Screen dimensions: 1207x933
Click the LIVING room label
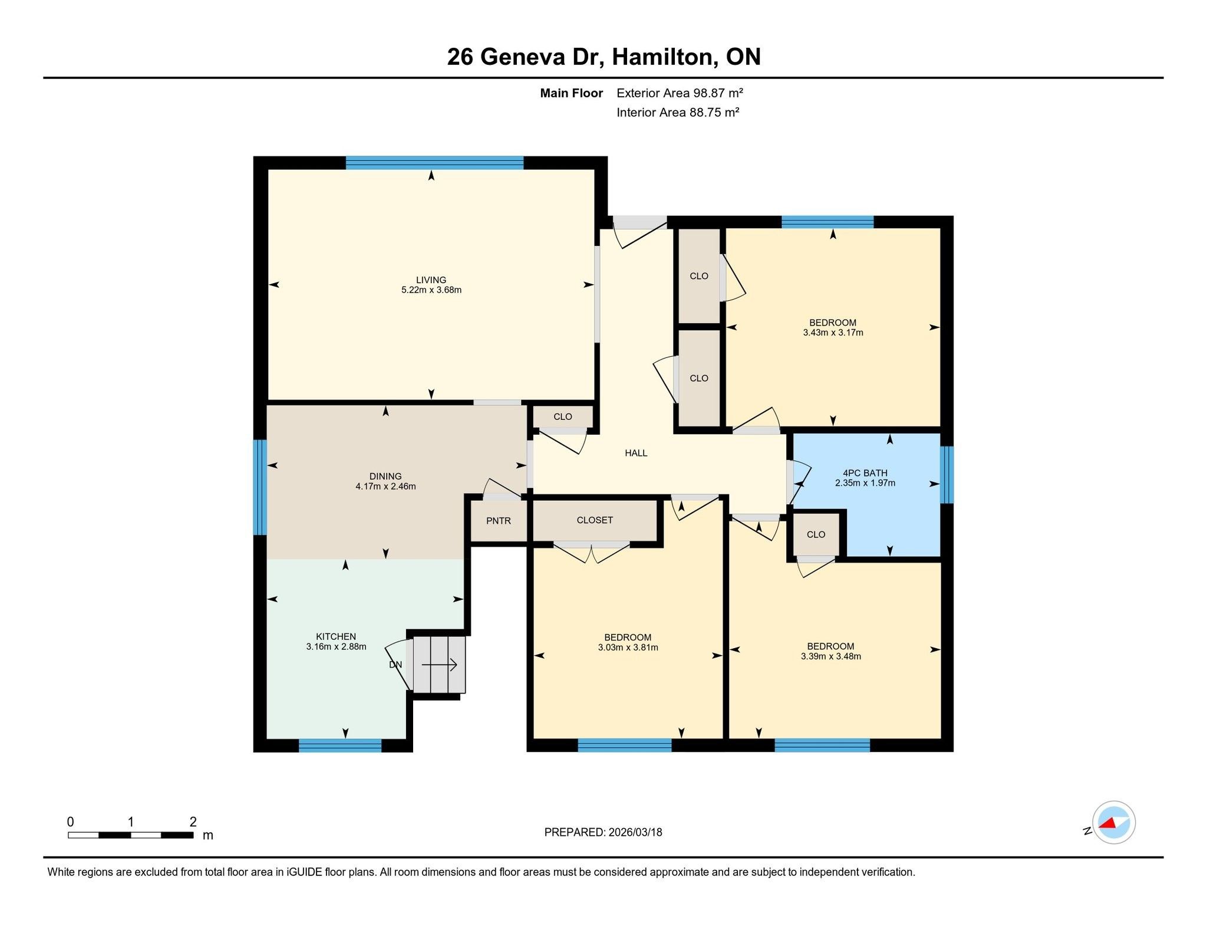431,280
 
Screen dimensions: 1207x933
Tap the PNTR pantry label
498,521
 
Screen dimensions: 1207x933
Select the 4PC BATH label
865,473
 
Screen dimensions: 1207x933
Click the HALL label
636,453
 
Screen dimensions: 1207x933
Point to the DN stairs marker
395,665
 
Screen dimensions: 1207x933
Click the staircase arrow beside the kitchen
439,665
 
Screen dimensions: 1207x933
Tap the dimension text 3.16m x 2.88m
336,646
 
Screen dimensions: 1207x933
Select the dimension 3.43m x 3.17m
833,333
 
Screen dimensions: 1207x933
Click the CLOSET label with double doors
595,520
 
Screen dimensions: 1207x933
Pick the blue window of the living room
434,163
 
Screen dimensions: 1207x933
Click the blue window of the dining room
260,487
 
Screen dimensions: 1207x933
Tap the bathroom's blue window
947,475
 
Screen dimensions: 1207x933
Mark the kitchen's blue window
340,745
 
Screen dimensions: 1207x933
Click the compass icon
1113,823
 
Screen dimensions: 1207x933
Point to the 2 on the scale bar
193,822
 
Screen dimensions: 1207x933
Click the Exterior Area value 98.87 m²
680,93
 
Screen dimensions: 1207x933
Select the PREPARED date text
603,832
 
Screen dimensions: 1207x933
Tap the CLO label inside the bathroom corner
816,534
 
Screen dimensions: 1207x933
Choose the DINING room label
385,477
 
